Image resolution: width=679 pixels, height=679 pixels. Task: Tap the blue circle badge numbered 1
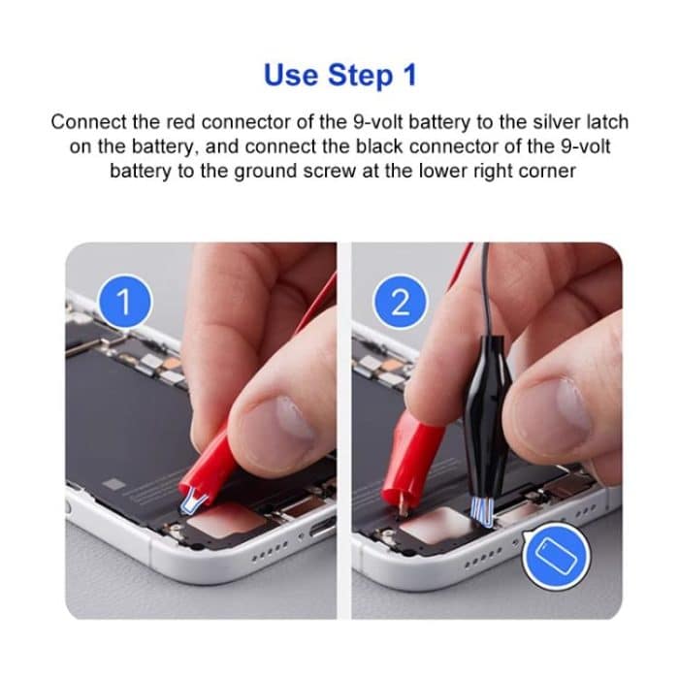pos(123,302)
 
